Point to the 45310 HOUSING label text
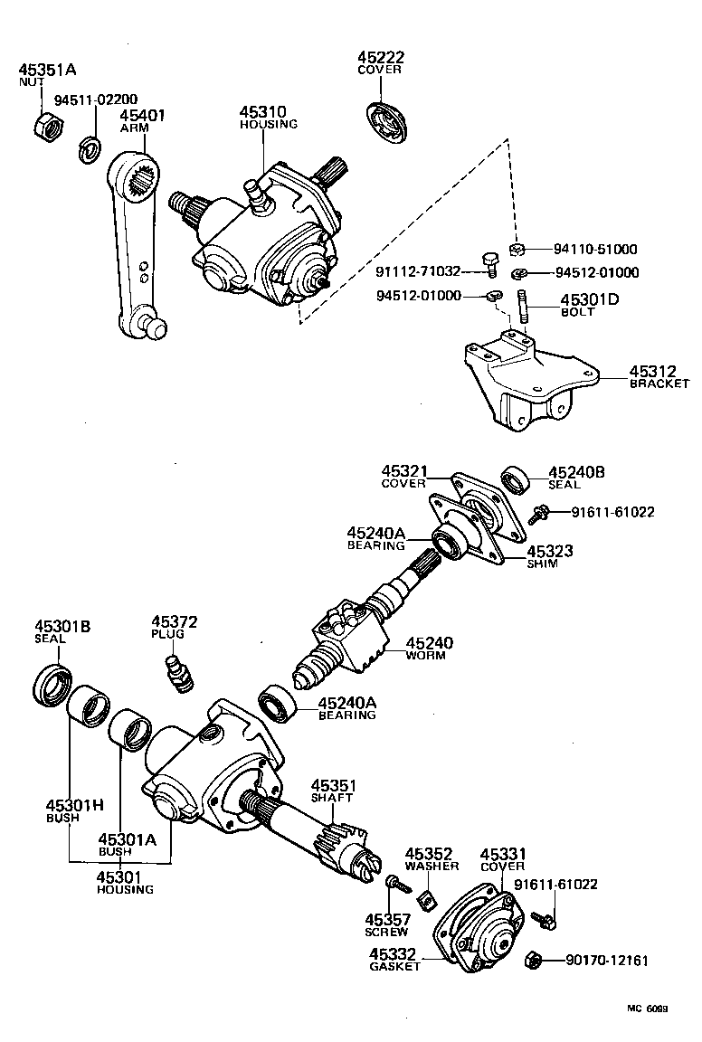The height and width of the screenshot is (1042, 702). pos(267,118)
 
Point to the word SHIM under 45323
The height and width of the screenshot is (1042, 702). pos(543,564)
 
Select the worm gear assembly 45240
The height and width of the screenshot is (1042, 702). pos(353,633)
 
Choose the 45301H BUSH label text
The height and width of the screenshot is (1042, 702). pos(63,810)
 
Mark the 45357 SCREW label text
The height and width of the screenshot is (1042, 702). pos(387,925)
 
